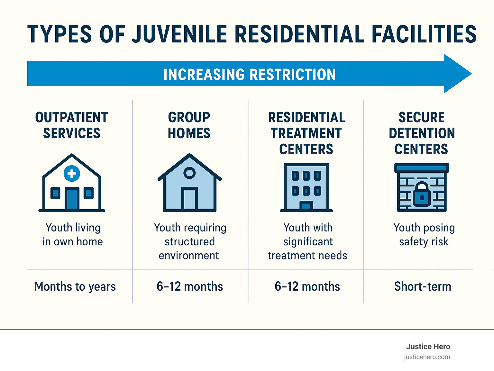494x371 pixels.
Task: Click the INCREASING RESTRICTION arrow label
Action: pyautogui.click(x=250, y=74)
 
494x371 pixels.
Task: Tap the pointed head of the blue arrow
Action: pyautogui.click(x=457, y=74)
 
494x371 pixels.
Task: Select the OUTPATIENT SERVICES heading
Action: pyautogui.click(x=71, y=125)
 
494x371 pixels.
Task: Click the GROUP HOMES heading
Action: pyautogui.click(x=189, y=125)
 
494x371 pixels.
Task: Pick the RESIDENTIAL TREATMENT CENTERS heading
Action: pyautogui.click(x=306, y=133)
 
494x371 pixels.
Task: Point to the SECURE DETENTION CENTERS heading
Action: pyautogui.click(x=422, y=133)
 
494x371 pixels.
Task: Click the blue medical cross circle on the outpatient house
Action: pyautogui.click(x=72, y=174)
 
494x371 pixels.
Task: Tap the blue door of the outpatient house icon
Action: pyautogui.click(x=72, y=199)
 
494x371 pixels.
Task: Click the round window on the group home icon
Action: pyautogui.click(x=189, y=173)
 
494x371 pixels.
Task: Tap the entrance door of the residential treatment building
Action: pyautogui.click(x=306, y=205)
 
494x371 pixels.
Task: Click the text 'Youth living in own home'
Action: pyautogui.click(x=73, y=234)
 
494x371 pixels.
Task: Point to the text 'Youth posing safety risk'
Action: pyautogui.click(x=424, y=234)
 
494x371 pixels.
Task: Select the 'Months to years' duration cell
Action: pyautogui.click(x=75, y=286)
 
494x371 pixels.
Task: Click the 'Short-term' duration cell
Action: pyautogui.click(x=423, y=286)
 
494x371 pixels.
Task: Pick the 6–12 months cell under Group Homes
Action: pyautogui.click(x=190, y=286)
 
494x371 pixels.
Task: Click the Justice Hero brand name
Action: pyautogui.click(x=428, y=347)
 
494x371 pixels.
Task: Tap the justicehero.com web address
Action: pyautogui.click(x=427, y=357)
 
